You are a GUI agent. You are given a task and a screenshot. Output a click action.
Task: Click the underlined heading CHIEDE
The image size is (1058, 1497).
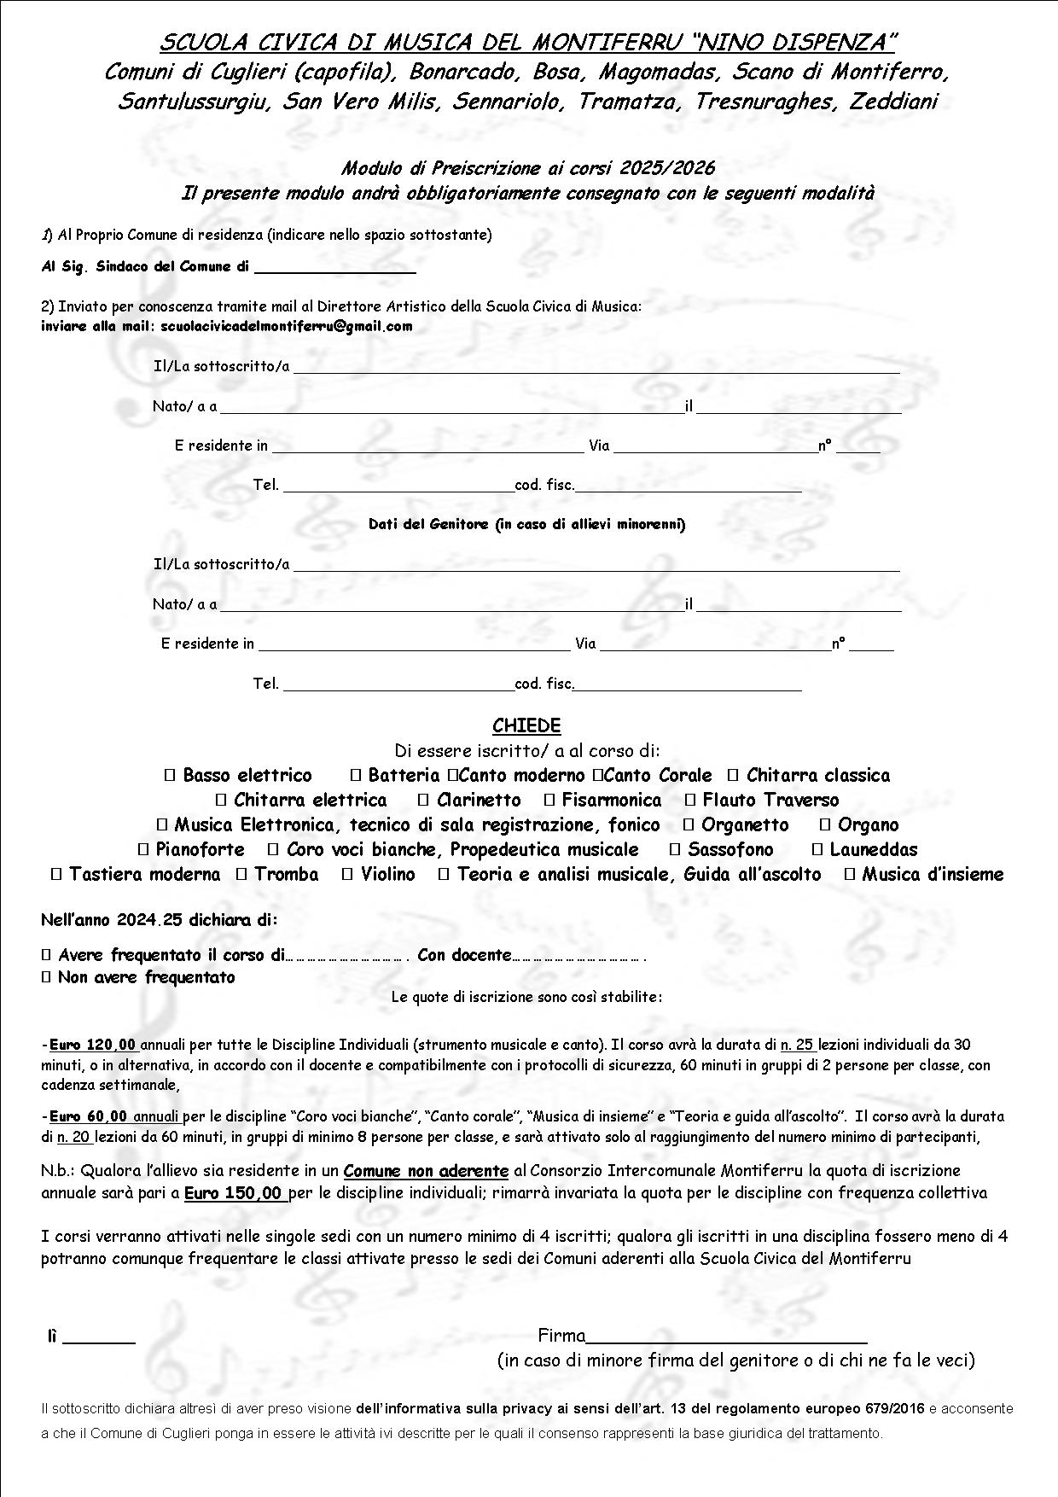coord(526,726)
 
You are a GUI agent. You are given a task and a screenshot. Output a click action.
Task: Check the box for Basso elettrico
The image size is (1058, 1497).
coord(169,776)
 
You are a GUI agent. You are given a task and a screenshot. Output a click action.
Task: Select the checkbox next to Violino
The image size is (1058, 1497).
coord(347,875)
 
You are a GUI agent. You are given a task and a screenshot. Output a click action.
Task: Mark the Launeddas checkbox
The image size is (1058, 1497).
coord(817,850)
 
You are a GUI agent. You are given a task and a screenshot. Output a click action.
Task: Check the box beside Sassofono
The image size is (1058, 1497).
coord(674,850)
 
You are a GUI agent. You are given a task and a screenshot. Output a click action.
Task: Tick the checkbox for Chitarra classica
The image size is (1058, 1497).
coord(732,776)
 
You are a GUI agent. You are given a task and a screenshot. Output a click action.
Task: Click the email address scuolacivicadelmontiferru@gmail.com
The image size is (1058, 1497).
coord(286,326)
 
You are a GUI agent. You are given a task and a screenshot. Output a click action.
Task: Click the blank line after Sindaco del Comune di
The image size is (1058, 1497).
coord(334,268)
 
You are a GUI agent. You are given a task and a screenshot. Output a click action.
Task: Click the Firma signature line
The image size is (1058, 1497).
coord(726,1337)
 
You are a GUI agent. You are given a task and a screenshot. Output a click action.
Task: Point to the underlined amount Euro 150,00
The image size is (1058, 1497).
coord(234,1193)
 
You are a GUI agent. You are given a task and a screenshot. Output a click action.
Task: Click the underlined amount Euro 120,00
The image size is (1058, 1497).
coord(93,1045)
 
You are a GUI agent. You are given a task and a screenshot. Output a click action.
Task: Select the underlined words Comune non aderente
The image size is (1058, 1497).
coord(426,1171)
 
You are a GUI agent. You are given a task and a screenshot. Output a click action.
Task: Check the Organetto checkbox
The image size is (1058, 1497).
coord(688,825)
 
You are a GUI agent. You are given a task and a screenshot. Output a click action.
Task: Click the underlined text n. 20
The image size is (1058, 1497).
coord(73,1137)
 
